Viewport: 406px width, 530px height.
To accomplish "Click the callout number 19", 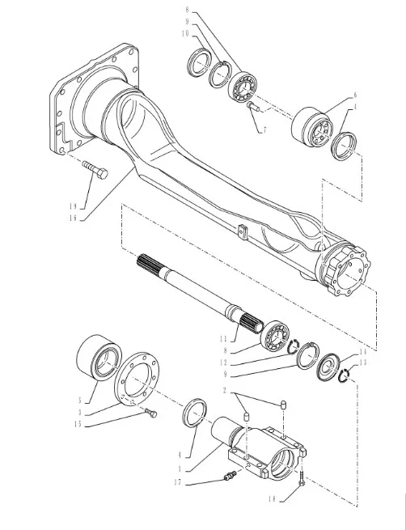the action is coord(73,206).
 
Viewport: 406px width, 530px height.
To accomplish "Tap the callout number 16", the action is coord(73,218).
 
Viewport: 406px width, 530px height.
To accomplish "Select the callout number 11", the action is coord(223,338).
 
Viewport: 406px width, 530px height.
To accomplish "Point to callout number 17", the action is coord(178,482).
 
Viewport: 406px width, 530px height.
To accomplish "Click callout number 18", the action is coord(273,499).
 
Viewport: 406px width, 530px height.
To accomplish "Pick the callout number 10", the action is coord(185,33).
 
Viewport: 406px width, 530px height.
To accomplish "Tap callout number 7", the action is coord(264,129).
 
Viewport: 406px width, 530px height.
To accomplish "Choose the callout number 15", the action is coord(78,424).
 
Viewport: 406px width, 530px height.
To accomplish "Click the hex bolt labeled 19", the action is coord(95,170).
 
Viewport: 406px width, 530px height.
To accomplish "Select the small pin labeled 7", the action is coord(253,107).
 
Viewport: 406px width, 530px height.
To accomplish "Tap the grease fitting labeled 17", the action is coord(230,476).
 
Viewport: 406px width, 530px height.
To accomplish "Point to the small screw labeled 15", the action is coord(151,413).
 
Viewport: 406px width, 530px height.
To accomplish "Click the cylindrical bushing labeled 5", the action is coord(99,357).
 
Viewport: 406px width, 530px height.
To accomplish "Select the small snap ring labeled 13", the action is coord(345,376).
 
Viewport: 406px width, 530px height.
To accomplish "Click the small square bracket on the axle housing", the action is coord(243,231).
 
